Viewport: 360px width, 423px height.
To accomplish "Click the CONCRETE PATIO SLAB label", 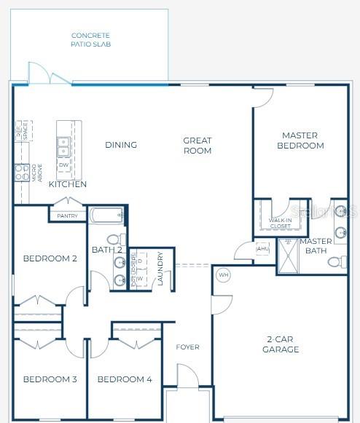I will (x=91, y=40).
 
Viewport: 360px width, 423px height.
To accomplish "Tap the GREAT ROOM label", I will (x=197, y=146).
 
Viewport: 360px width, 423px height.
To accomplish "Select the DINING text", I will (x=121, y=145).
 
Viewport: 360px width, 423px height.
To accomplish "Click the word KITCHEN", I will (x=68, y=184).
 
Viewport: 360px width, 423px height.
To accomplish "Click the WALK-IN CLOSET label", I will (x=280, y=222).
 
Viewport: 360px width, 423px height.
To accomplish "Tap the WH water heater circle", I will (x=223, y=275).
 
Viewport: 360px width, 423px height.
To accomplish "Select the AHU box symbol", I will (x=262, y=248).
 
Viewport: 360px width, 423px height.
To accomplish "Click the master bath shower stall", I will (x=289, y=256).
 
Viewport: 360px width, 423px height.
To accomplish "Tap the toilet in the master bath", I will (x=338, y=261).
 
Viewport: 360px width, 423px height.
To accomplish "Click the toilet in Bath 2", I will (x=114, y=239).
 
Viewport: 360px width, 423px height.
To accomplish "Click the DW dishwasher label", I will (x=63, y=165).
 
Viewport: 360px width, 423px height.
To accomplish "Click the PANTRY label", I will (x=68, y=216).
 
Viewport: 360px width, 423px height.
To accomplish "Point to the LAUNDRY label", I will (x=160, y=270).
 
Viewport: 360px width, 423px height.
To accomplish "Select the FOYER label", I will (x=187, y=347).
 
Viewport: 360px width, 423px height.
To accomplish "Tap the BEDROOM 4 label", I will (x=125, y=379).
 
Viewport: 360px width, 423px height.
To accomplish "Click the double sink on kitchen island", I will (x=63, y=146).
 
